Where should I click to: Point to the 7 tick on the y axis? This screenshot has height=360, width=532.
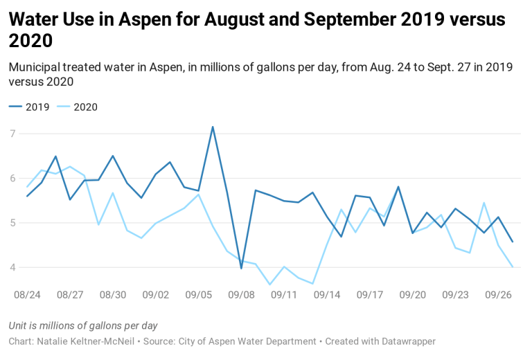12,134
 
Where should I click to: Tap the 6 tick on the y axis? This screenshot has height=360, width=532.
12,179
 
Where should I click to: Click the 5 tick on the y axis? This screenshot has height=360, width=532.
12,223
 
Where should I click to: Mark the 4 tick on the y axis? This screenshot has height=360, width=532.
12,268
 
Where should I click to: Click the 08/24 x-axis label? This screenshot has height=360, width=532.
27,294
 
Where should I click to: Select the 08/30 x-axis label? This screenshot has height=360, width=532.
113,294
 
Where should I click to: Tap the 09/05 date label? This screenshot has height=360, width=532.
199,294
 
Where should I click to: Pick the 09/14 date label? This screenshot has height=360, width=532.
327,294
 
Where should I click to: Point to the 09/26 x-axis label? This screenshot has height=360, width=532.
498,294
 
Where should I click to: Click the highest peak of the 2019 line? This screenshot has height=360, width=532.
213,127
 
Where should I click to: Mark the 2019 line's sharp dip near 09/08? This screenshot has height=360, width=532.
241,268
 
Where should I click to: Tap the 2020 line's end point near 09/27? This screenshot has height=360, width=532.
513,267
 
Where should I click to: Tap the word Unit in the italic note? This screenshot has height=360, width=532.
19,325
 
